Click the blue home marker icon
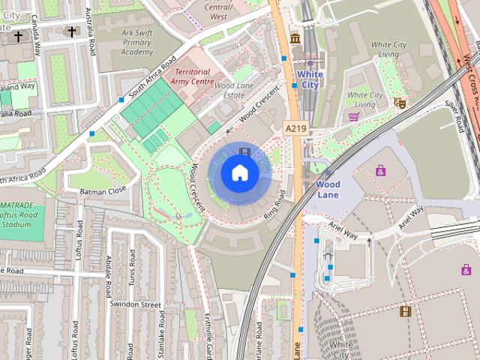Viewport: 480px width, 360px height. tap(239, 172)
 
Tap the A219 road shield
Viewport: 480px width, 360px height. tap(295, 129)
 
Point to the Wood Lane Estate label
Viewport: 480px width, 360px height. tap(240, 91)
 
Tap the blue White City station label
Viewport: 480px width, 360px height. tap(310, 79)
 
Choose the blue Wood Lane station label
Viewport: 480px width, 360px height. tap(327, 189)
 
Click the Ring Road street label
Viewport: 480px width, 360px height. tap(274, 205)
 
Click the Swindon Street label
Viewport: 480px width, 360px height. tap(135, 305)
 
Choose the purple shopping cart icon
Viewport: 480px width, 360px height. tap(353, 116)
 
